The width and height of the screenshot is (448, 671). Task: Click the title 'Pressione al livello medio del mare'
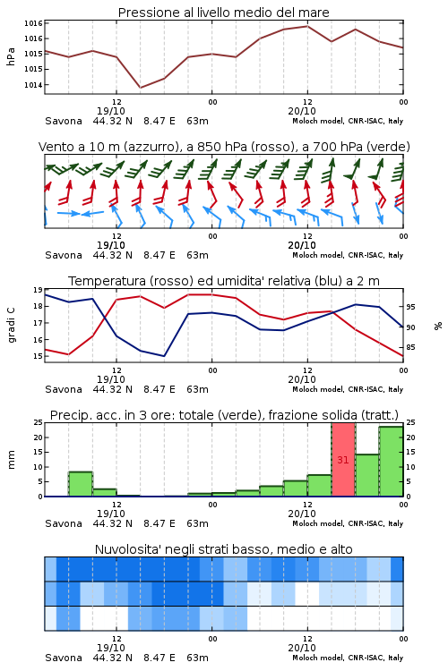(x=223, y=13)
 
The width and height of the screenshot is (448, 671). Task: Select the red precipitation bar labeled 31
(x=343, y=460)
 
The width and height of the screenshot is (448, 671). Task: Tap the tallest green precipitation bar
(x=391, y=462)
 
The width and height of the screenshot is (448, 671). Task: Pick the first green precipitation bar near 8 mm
(x=81, y=484)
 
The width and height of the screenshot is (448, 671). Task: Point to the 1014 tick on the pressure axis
(x=33, y=85)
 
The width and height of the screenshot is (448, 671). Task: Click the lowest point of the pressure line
(x=140, y=88)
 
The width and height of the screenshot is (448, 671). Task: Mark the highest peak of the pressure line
(x=307, y=26)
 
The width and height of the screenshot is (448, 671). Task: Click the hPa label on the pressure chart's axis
(x=11, y=57)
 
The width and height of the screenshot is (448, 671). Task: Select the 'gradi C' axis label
(x=11, y=326)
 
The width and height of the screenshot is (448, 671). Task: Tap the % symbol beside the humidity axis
(x=438, y=326)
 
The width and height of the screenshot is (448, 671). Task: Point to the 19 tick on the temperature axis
(x=38, y=290)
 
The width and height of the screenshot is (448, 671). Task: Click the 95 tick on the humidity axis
(x=410, y=307)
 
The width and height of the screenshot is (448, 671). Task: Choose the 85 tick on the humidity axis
(x=410, y=347)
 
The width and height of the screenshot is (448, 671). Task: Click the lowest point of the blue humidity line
(x=164, y=356)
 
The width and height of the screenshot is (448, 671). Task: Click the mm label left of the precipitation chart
(x=11, y=460)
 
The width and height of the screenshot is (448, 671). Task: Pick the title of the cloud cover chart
(x=223, y=549)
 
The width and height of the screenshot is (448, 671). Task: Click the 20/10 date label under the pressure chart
(x=302, y=111)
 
